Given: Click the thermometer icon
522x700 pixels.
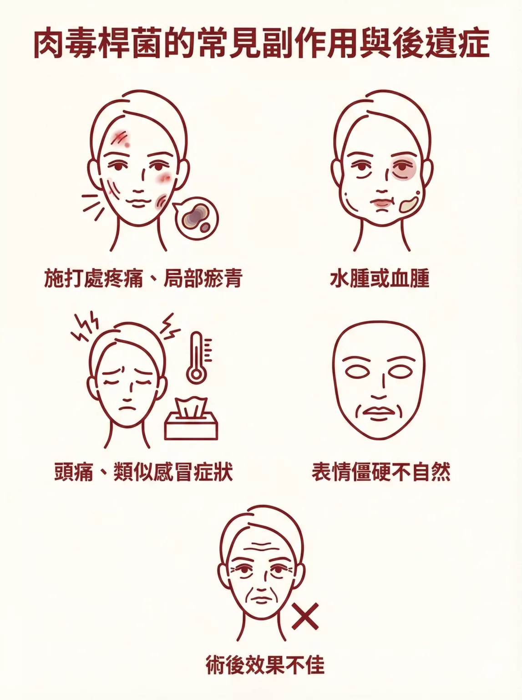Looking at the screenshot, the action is tap(196, 357).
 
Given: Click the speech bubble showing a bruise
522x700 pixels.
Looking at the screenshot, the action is tap(196, 218).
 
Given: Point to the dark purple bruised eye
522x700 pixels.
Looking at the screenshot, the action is tap(402, 168).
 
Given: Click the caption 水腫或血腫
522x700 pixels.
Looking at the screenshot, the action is tap(380, 279).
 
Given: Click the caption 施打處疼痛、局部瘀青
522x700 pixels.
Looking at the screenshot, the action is tap(143, 278).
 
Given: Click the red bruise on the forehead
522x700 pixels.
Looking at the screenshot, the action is tap(121, 139).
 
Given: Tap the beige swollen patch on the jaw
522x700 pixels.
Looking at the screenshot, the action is tap(409, 205).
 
